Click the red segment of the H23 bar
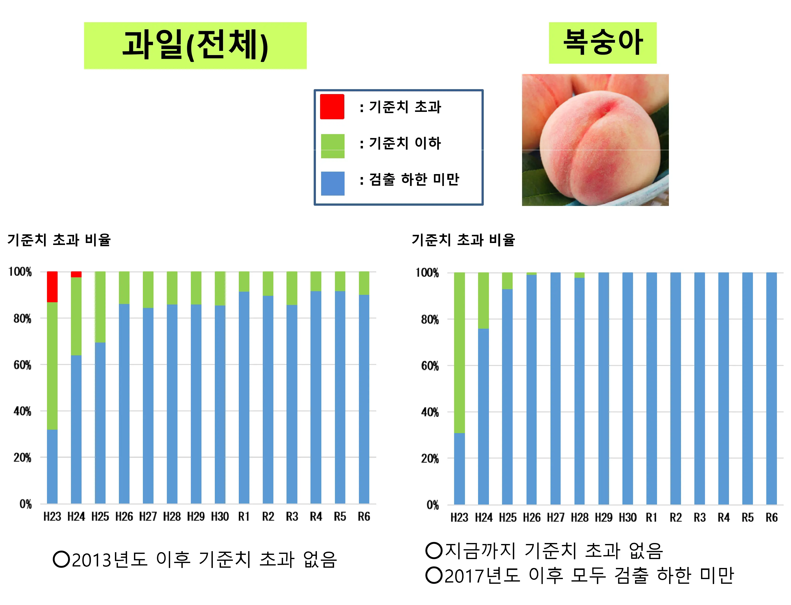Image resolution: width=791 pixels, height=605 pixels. click(52, 287)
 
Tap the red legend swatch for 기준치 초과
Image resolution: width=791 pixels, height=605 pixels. click(332, 107)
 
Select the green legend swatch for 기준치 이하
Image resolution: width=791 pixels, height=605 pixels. click(332, 146)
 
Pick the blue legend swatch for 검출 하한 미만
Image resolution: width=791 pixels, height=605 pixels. click(332, 183)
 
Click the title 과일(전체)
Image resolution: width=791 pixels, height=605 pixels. click(195, 45)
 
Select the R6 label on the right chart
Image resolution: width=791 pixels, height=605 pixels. click(771, 518)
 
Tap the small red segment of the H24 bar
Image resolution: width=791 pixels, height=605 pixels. click(76, 274)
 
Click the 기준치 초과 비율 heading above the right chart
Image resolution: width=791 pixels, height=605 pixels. click(463, 240)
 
